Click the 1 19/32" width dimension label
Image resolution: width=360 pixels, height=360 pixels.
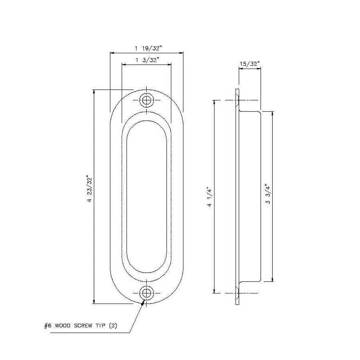(x=148, y=48)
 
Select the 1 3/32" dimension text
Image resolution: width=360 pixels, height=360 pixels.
(x=147, y=60)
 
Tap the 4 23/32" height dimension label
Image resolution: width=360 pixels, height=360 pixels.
(x=89, y=189)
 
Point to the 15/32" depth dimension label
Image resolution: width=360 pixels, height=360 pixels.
(x=250, y=64)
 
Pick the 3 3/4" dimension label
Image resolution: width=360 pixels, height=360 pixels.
(x=268, y=194)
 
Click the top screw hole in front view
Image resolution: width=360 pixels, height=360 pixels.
(x=147, y=100)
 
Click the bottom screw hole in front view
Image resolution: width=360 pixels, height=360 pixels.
(x=147, y=293)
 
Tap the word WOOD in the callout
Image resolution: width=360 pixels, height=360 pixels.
(x=63, y=325)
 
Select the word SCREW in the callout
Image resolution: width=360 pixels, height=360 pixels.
(x=83, y=325)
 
